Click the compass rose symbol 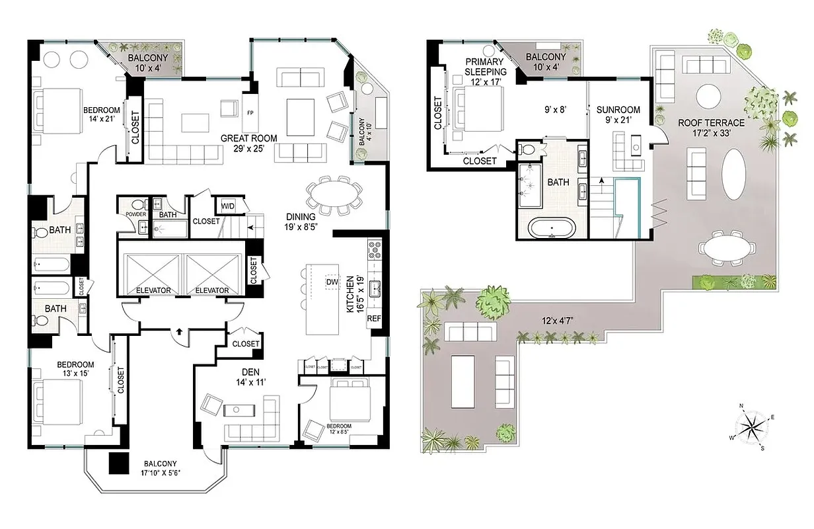pyautogui.click(x=751, y=428)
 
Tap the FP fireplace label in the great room pyautogui.click(x=250, y=112)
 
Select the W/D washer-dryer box pyautogui.click(x=228, y=205)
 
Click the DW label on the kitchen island pyautogui.click(x=332, y=282)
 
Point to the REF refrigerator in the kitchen pyautogui.click(x=374, y=318)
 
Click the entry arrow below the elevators pyautogui.click(x=180, y=331)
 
